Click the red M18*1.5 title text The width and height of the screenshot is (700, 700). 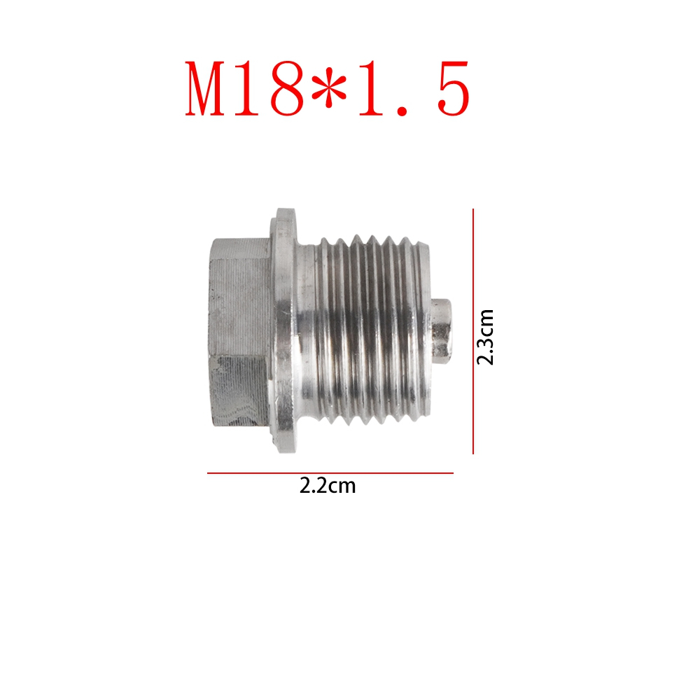pos(328,89)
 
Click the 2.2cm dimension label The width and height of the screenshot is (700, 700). pos(328,486)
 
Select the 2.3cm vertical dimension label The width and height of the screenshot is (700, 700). pos(485,337)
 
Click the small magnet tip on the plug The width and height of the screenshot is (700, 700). pos(441,329)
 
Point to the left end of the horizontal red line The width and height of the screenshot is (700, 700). pos(208,473)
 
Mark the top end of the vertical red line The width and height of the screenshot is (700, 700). pos(474,209)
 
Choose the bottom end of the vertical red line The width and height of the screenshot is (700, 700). pos(474,453)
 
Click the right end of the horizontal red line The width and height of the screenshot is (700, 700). pos(453,473)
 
